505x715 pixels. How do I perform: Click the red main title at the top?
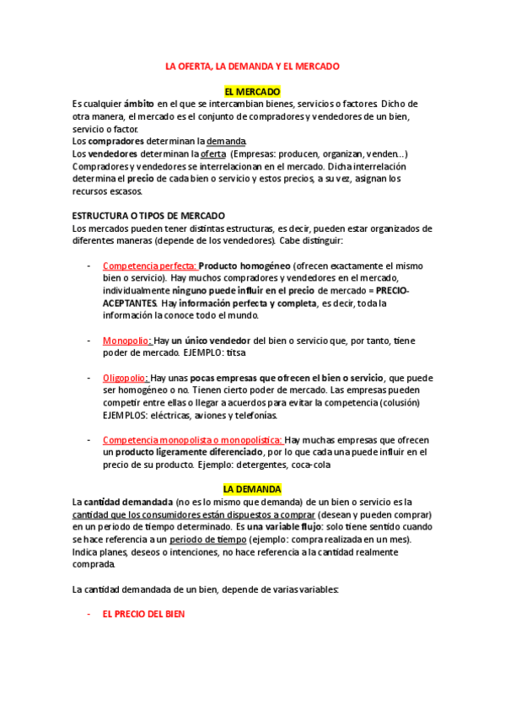pyautogui.click(x=252, y=66)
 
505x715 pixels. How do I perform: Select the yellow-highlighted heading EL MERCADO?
pyautogui.click(x=252, y=91)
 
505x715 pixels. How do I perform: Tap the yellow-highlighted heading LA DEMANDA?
pyautogui.click(x=252, y=489)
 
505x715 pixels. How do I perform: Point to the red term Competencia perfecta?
pyautogui.click(x=150, y=266)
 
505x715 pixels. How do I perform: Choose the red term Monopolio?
pyautogui.click(x=126, y=341)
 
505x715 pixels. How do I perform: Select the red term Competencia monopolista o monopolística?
pyautogui.click(x=192, y=440)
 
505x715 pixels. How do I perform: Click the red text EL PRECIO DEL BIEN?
pyautogui.click(x=143, y=615)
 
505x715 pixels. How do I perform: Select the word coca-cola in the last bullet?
pyautogui.click(x=311, y=465)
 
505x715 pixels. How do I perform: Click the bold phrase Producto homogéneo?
pyautogui.click(x=244, y=266)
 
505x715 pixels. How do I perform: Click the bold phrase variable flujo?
pyautogui.click(x=299, y=527)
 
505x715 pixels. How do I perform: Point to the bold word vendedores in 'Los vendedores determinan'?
pyautogui.click(x=113, y=153)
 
